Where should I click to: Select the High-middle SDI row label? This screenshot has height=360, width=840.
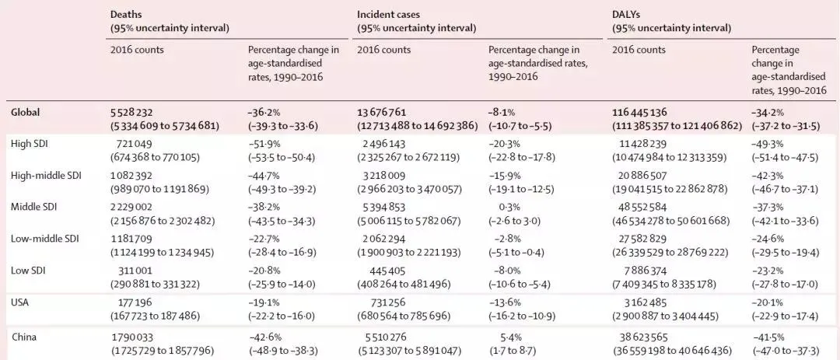click(46, 177)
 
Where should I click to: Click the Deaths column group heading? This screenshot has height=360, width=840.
click(126, 15)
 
